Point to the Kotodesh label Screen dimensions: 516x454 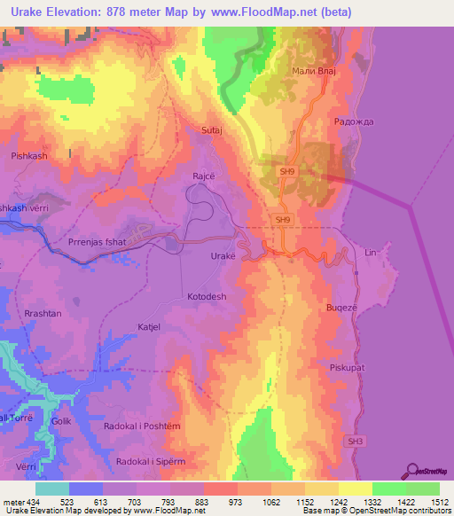[207, 296]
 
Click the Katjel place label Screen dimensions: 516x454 [148, 326]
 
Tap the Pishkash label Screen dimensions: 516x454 [28, 155]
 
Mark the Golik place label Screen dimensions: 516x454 [60, 421]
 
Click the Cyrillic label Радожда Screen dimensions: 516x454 [350, 121]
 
